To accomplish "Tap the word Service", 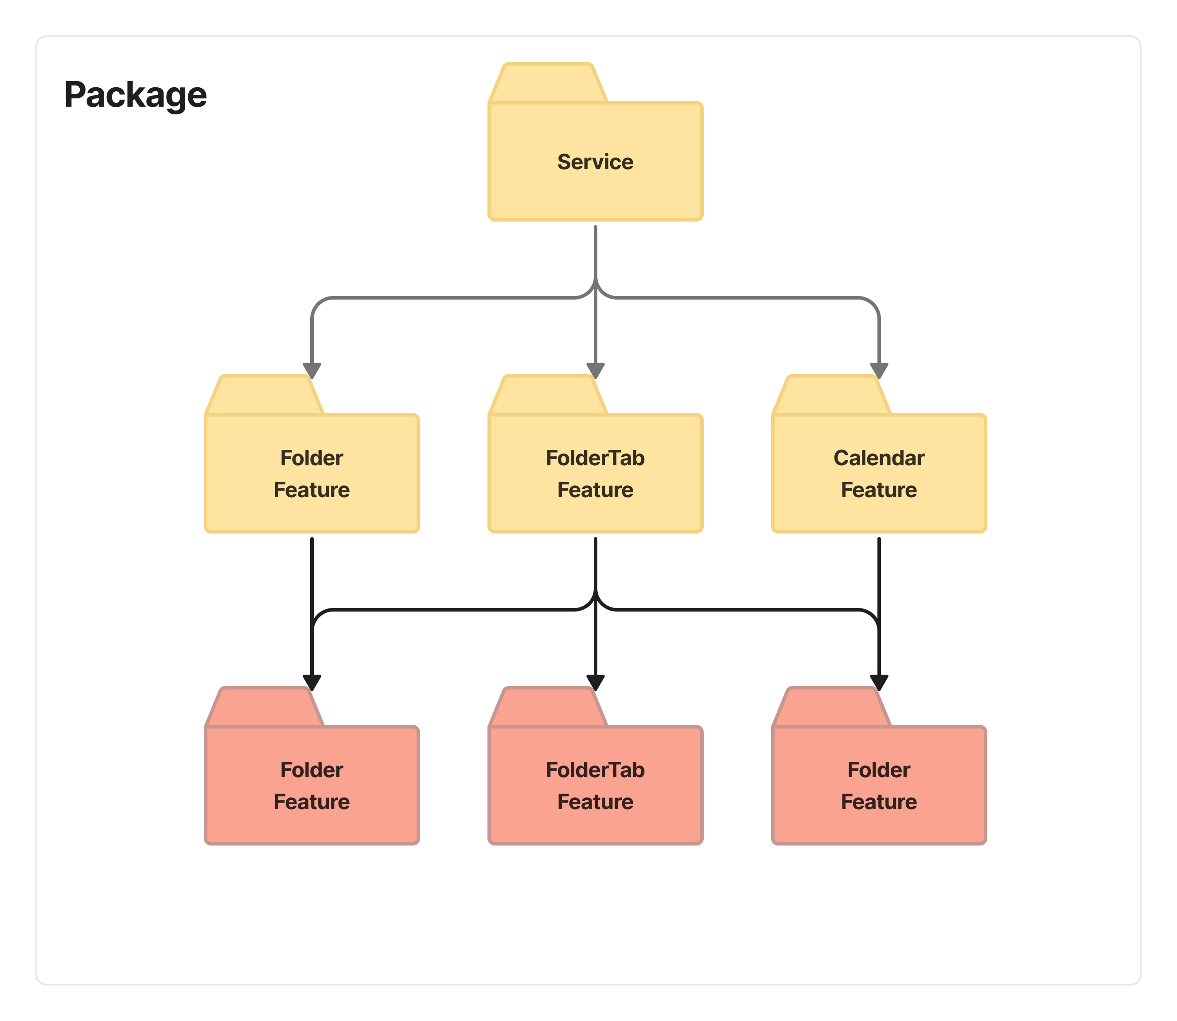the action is coord(595,162).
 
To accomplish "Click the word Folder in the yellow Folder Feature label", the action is coord(312,458).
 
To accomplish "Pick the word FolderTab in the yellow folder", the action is coord(595,458).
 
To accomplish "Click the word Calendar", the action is coord(879,458).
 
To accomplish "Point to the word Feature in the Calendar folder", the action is coord(879,490).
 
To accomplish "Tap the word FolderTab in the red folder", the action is coord(595,770).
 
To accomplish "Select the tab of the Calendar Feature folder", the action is coord(832,395).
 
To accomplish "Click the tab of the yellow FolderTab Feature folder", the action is coord(548,395).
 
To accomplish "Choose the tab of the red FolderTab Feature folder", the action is coord(548,707).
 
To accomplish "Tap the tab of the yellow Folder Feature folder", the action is coord(265,395).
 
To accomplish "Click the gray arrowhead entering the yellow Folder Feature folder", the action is coord(312,370).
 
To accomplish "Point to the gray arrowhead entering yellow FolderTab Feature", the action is coord(595,370).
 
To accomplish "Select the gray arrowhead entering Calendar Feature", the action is coord(879,370).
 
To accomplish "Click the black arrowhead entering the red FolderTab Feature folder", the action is coord(595,682).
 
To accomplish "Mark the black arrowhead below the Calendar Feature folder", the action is coord(879,682).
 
